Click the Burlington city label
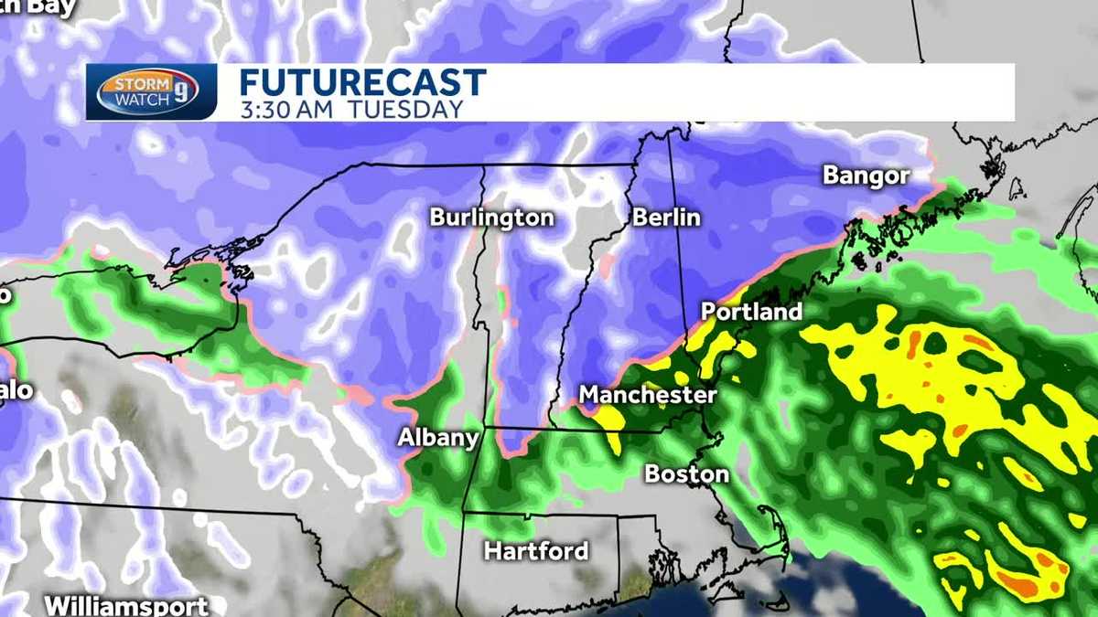tap(491, 218)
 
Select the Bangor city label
tap(866, 176)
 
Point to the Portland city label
tap(751, 312)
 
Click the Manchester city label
tap(648, 395)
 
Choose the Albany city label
tap(438, 438)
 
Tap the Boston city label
tap(686, 473)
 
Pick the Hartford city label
tap(535, 551)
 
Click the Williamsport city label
tap(126, 605)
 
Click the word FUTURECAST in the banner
tap(361, 83)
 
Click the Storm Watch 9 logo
tap(152, 91)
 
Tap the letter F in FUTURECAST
tap(250, 83)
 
